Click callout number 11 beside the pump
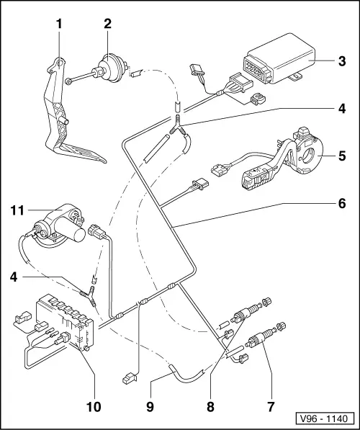19,210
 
